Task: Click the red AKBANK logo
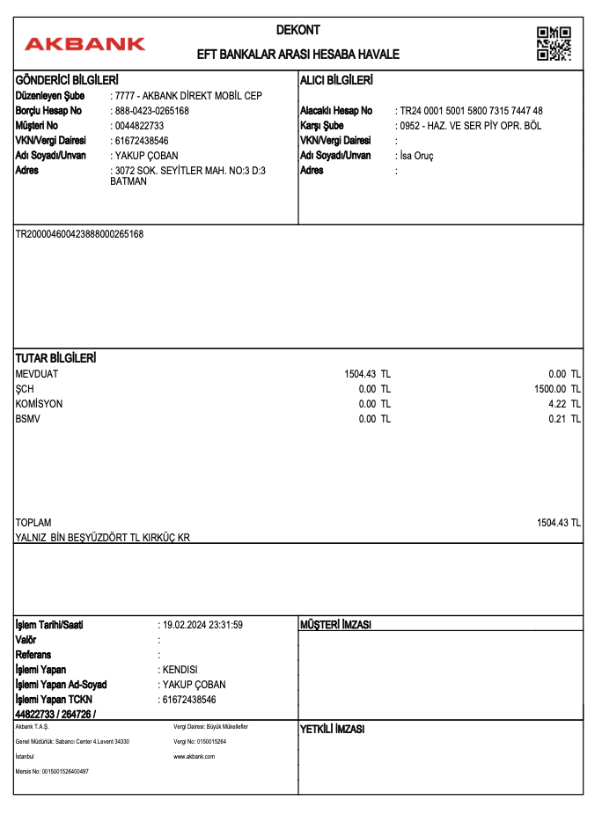tap(85, 43)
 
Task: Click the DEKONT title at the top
tap(298, 30)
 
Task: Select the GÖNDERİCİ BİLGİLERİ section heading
tap(67, 81)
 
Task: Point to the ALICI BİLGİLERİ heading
tap(336, 81)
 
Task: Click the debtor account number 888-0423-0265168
tap(152, 111)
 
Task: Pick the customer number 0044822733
tap(140, 126)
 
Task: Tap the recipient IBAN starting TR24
tap(471, 111)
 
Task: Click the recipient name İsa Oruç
tap(416, 156)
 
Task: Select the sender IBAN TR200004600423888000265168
tap(80, 234)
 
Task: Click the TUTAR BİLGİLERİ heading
tap(56, 359)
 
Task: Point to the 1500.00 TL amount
tap(557, 389)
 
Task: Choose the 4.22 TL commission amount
tap(564, 404)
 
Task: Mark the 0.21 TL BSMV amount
tap(564, 419)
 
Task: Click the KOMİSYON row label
tap(40, 404)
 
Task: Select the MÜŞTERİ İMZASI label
tap(336, 625)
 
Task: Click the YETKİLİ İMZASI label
tap(333, 730)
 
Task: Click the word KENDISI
tap(180, 670)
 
